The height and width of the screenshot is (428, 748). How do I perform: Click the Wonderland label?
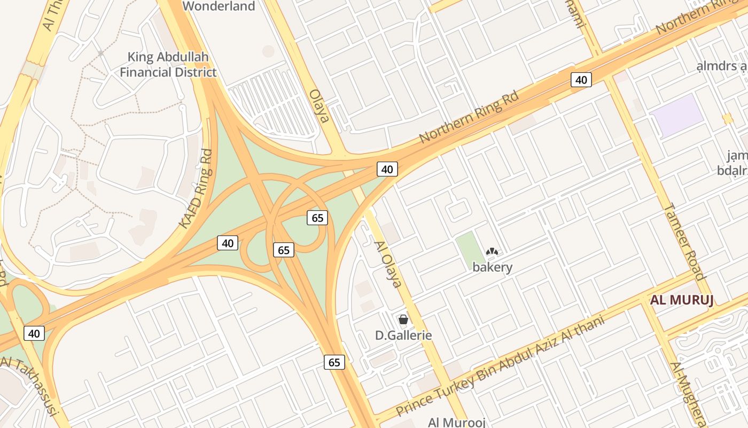[219, 6]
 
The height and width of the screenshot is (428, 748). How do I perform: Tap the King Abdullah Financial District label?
[168, 64]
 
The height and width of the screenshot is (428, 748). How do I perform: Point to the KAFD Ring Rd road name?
[196, 188]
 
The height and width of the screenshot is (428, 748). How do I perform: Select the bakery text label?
[493, 267]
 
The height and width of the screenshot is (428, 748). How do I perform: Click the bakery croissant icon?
[492, 251]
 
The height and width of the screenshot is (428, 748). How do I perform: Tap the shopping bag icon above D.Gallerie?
[403, 319]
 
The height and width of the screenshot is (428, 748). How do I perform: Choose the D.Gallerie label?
[403, 335]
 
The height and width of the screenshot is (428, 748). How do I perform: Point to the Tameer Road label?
[685, 241]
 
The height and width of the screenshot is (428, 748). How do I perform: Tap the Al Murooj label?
[456, 422]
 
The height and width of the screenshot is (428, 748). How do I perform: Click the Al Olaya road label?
[388, 264]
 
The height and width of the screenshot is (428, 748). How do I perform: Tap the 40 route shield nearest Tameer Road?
[581, 80]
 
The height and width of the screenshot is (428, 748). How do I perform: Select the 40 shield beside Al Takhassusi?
[34, 333]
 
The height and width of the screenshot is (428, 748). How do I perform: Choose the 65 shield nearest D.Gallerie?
[334, 362]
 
